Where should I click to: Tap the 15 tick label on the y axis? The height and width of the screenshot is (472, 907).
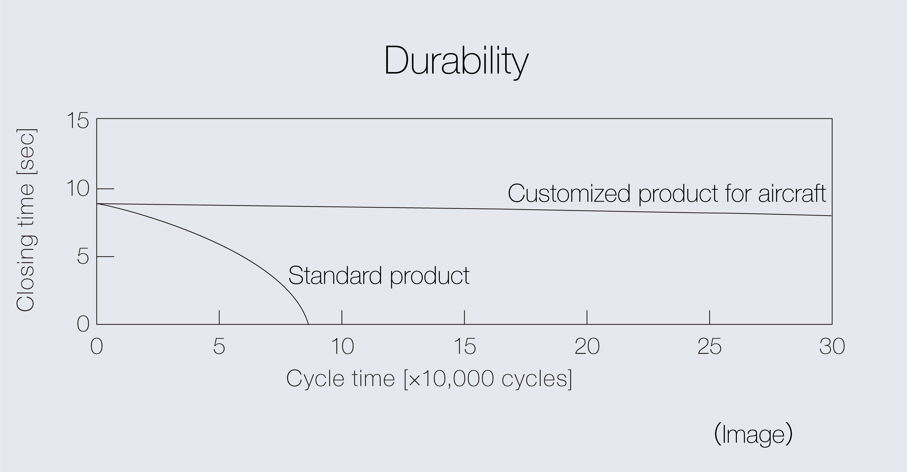coord(78,121)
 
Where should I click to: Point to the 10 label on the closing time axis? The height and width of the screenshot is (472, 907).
coord(78,189)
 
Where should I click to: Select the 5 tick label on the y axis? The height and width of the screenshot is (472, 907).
coord(83,257)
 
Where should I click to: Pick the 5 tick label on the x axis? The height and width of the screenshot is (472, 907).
coord(219,347)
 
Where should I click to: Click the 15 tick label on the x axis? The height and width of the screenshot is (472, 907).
coord(465,347)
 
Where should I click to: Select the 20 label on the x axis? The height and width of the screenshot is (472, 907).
coord(587,347)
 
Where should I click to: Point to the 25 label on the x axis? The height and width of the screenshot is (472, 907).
coord(709,347)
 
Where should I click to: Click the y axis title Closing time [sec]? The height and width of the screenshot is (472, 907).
coord(25,220)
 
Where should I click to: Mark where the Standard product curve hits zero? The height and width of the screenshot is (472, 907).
coord(309,324)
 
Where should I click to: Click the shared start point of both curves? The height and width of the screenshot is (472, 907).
coord(97,204)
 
